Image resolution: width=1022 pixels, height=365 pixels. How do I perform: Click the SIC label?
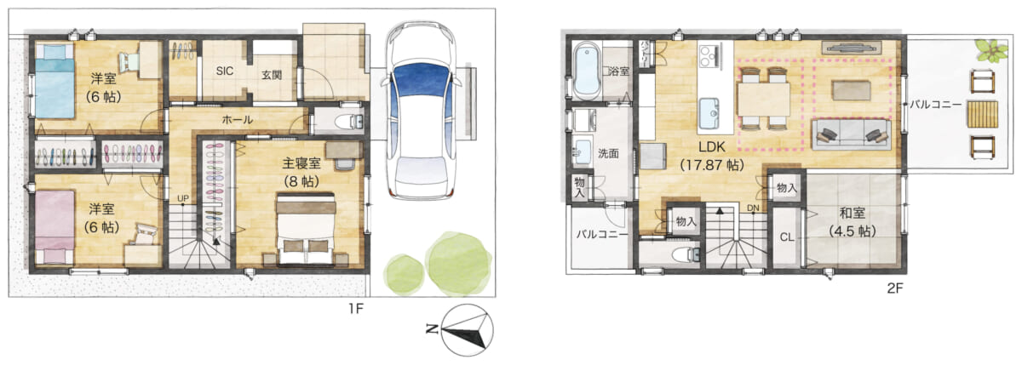225,71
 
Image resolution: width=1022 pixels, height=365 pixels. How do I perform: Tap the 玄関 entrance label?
272,75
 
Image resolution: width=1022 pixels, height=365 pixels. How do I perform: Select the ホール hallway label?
238,120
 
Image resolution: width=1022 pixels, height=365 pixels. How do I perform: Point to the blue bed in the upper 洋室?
55,81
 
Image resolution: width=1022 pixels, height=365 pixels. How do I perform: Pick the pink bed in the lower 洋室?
55,227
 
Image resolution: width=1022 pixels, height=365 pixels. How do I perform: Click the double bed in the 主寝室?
306,229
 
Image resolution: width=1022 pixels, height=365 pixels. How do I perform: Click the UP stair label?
183,199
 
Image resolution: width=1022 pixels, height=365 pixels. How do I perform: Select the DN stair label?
753,208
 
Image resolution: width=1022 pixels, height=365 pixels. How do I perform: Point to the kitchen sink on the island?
709,113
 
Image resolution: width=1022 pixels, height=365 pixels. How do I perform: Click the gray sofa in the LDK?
851,134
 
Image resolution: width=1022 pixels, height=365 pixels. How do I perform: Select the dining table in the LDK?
763,100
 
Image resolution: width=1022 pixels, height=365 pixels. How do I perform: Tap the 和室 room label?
853,214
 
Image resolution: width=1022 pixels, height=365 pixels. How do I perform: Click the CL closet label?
787,237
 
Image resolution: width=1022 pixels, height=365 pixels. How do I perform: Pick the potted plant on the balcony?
991,50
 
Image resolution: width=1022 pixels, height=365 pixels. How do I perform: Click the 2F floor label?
895,288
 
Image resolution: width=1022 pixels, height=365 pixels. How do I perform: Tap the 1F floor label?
356,309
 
